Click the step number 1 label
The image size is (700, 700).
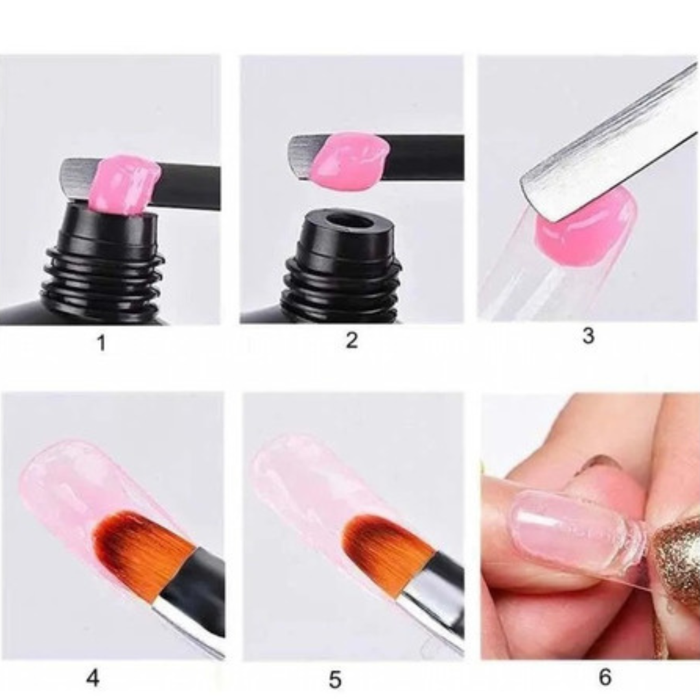click(101, 342)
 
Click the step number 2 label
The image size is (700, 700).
click(352, 340)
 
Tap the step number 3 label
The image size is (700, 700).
click(589, 335)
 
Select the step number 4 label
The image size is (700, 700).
click(93, 678)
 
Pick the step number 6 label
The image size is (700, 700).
click(605, 677)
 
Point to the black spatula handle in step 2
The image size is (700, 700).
click(424, 157)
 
